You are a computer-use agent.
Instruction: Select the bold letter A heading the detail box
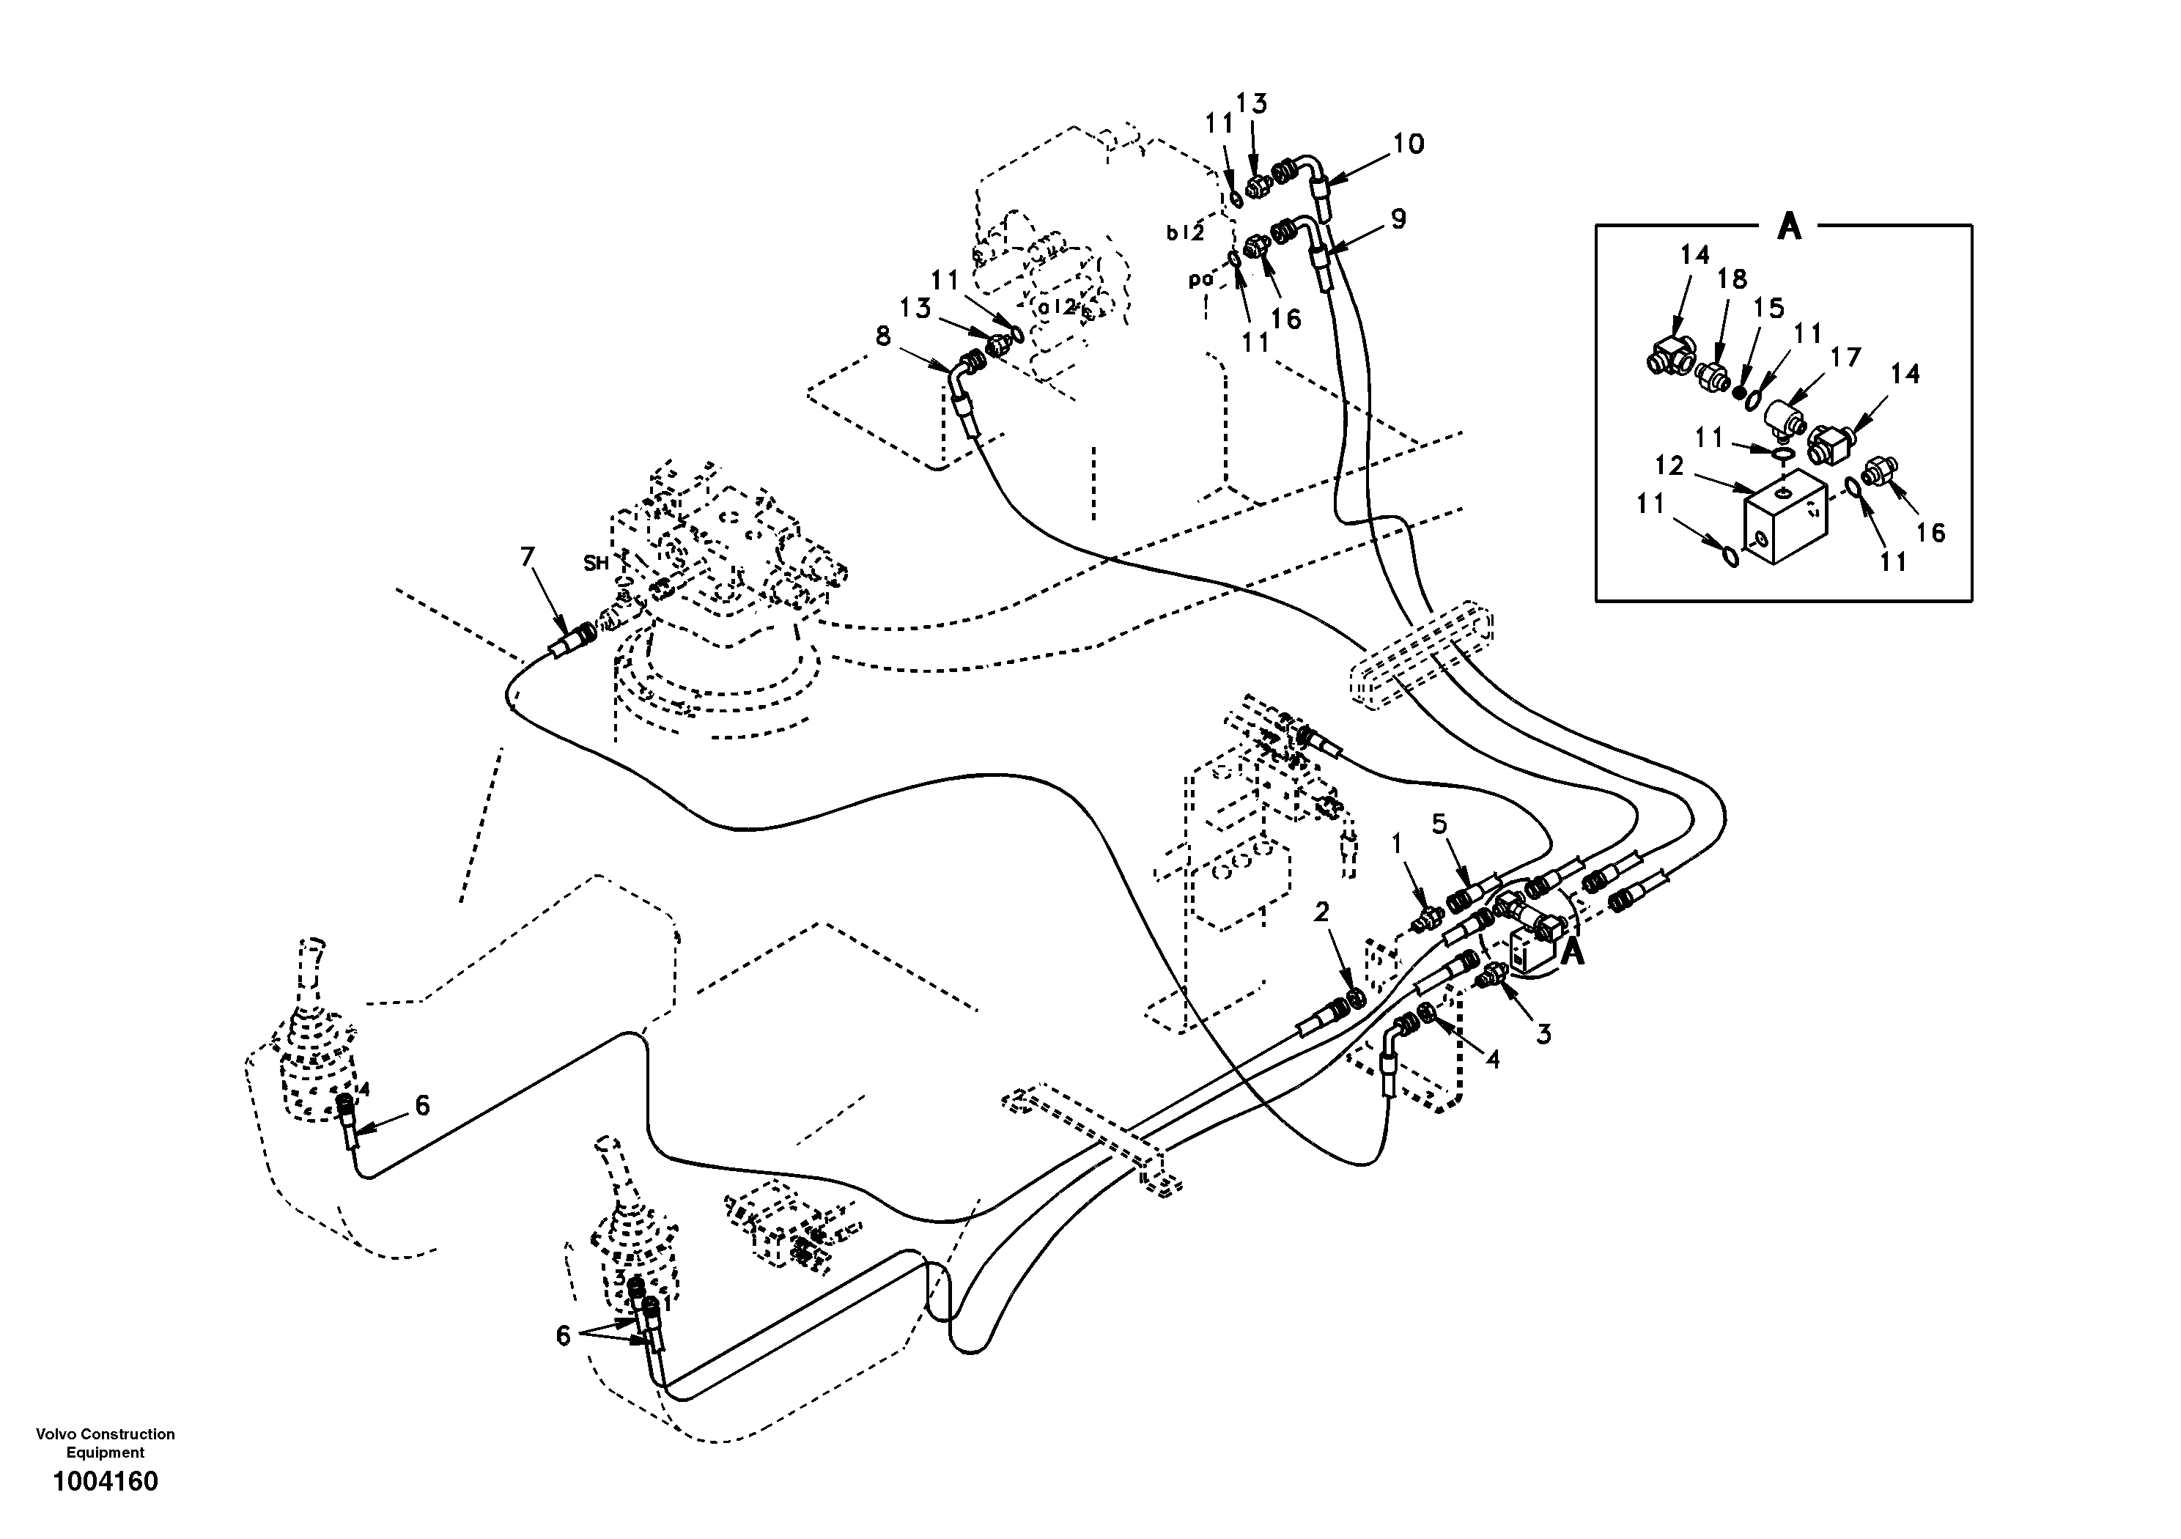pyautogui.click(x=1789, y=227)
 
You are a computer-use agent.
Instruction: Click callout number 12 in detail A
pyautogui.click(x=1668, y=465)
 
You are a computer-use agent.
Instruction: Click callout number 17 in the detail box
pyautogui.click(x=1845, y=358)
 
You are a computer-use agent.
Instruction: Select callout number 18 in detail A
pyautogui.click(x=1732, y=279)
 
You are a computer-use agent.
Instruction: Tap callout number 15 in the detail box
pyautogui.click(x=1768, y=308)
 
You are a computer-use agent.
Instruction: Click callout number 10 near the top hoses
pyautogui.click(x=1408, y=144)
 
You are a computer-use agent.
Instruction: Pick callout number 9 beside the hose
pyautogui.click(x=1398, y=218)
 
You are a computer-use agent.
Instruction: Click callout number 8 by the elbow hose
pyautogui.click(x=883, y=336)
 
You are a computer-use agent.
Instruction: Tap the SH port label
pyautogui.click(x=596, y=564)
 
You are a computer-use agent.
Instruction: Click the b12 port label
pyautogui.click(x=1186, y=233)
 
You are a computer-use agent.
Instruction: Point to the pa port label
pyautogui.click(x=1200, y=280)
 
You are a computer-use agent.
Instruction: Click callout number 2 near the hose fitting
pyautogui.click(x=1321, y=912)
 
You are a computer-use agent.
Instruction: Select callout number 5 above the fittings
pyautogui.click(x=1439, y=824)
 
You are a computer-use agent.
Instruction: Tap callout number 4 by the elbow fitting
pyautogui.click(x=1492, y=1059)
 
